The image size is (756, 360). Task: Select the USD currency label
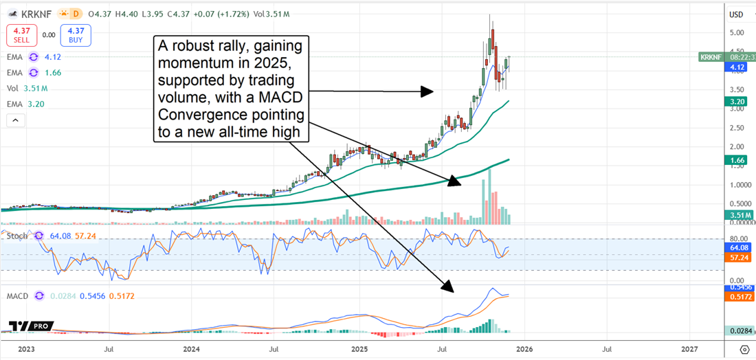pos(736,14)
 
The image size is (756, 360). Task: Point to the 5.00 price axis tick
pos(737,33)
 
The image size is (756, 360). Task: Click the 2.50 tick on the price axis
pos(737,128)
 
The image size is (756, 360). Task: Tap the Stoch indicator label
pos(17,236)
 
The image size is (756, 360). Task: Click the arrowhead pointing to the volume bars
pos(452,181)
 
